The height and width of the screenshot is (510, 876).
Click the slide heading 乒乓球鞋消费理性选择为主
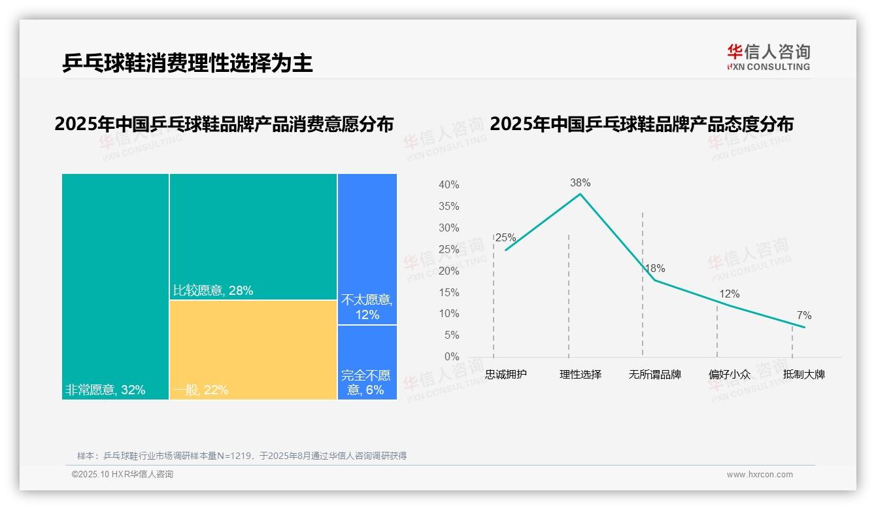(188, 63)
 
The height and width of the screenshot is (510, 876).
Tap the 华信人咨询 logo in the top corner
(768, 57)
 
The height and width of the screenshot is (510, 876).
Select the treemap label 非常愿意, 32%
(105, 390)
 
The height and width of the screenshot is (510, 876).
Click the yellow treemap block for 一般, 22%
(253, 349)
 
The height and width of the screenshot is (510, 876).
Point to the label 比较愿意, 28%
(213, 290)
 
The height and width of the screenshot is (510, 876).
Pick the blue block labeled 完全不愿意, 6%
(367, 362)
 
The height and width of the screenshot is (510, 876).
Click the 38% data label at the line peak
(580, 183)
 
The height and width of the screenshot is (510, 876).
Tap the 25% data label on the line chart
(505, 238)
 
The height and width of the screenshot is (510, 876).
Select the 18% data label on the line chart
(654, 269)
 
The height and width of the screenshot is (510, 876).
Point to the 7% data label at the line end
(803, 316)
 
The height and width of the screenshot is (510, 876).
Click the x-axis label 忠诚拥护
(505, 375)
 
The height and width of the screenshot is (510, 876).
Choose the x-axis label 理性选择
(580, 375)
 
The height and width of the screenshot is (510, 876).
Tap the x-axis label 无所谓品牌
(654, 375)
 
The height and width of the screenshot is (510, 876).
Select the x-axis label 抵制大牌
(803, 375)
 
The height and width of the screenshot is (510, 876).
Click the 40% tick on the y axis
(448, 185)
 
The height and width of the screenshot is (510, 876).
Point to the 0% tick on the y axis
(452, 357)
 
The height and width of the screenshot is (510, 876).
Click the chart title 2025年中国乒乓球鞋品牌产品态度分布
(641, 124)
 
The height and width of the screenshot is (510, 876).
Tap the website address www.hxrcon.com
(760, 475)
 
